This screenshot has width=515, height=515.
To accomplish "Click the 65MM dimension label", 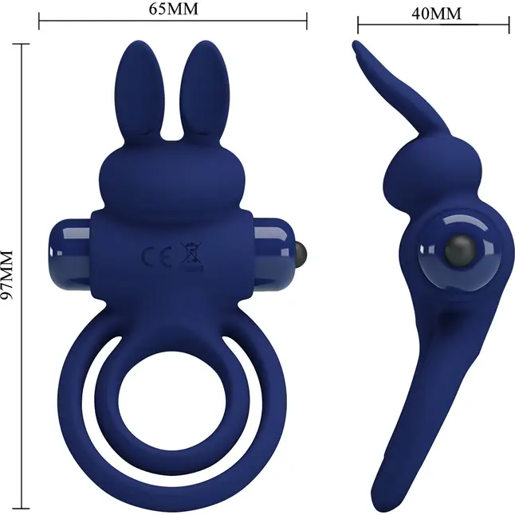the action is [x=174, y=9].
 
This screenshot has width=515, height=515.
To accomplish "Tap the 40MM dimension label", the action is [x=436, y=14].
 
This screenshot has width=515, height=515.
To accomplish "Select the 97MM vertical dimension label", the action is [x=7, y=274].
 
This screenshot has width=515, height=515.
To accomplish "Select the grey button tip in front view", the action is [x=301, y=252].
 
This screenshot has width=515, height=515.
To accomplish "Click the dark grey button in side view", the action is [x=460, y=251].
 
